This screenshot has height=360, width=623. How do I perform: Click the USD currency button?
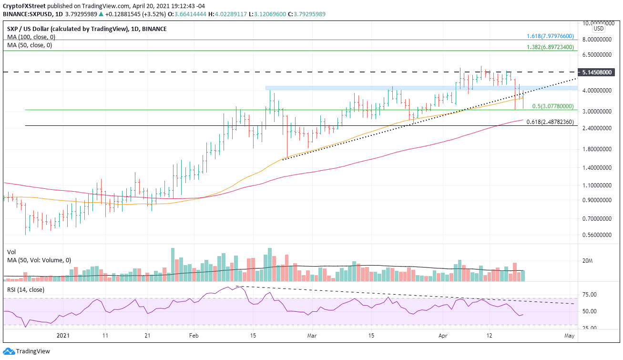point(598,29)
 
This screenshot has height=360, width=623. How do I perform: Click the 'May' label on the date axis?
point(569,336)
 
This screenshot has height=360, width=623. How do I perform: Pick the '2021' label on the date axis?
point(63,336)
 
